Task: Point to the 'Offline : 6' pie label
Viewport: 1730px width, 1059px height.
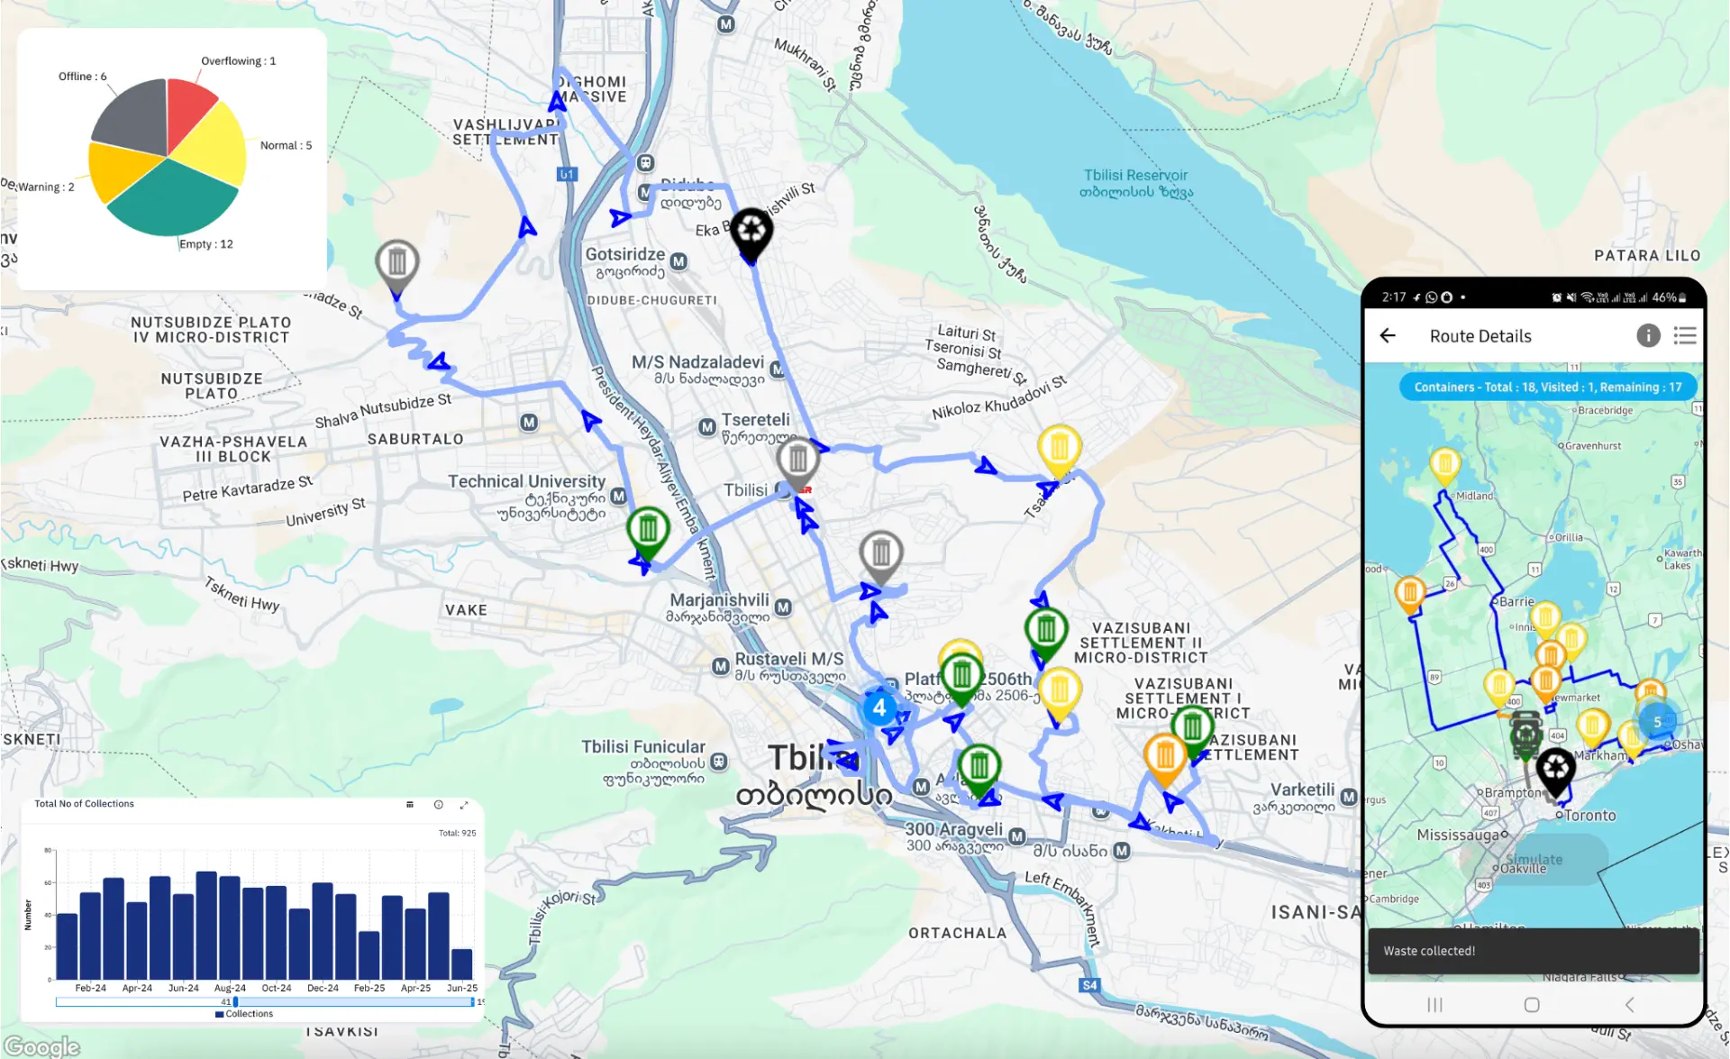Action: coord(82,77)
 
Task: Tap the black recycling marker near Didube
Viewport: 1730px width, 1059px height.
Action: coord(751,232)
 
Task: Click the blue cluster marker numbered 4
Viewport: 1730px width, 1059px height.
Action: coord(879,708)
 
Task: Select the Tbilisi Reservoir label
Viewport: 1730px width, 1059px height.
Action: coord(1135,176)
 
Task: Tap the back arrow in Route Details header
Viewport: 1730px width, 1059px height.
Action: coord(1388,336)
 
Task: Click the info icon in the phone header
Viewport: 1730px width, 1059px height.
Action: coord(1648,336)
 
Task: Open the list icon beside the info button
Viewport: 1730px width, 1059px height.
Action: coord(1685,336)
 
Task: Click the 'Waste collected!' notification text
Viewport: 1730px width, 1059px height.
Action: coord(1429,951)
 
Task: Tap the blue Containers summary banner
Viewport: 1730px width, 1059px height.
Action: coord(1547,388)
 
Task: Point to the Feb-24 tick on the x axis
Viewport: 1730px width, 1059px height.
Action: coord(90,988)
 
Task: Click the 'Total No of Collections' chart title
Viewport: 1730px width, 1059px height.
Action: coord(84,804)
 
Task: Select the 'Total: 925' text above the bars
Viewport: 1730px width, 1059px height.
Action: coord(457,833)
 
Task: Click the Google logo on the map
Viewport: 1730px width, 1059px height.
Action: coord(41,1046)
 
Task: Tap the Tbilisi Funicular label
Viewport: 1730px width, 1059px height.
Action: coord(642,747)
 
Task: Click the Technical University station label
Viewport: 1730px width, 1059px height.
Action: coord(526,482)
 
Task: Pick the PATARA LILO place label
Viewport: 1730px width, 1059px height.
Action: coord(1647,256)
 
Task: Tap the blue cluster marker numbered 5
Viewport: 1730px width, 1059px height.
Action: coord(1657,722)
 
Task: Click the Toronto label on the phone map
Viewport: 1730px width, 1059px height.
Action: coord(1590,816)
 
